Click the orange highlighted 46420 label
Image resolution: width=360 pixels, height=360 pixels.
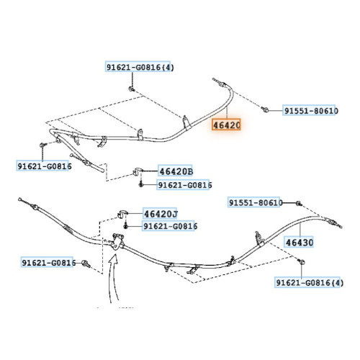pos(226,125)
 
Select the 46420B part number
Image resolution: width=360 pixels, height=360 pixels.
pos(176,171)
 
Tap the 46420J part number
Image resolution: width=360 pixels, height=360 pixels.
pos(161,214)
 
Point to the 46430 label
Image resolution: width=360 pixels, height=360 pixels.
pos(300,243)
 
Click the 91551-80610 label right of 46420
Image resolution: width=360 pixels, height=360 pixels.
pos(310,111)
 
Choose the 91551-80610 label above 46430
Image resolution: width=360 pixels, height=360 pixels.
pos(254,202)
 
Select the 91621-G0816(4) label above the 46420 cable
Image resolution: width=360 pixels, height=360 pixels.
pos(139,67)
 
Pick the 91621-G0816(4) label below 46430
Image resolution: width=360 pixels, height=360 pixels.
pos(308,282)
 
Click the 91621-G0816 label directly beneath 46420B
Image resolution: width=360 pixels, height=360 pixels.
pos(184,185)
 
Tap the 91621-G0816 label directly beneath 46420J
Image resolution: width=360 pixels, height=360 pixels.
pos(169,226)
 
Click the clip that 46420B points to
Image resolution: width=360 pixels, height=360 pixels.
pos(138,172)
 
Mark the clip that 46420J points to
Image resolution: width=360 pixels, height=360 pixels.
pos(122,213)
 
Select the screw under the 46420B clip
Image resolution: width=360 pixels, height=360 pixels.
pos(141,184)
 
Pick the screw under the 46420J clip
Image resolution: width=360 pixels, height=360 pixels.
pos(125,226)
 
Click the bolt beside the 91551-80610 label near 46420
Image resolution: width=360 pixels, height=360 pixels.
pos(265,110)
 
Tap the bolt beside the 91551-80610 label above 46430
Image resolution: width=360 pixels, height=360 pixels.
pos(299,204)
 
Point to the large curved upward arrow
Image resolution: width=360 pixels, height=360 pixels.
pos(114,279)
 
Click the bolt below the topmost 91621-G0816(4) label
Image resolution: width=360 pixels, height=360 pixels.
pos(132,89)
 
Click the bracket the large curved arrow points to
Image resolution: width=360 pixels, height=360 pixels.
pos(117,242)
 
